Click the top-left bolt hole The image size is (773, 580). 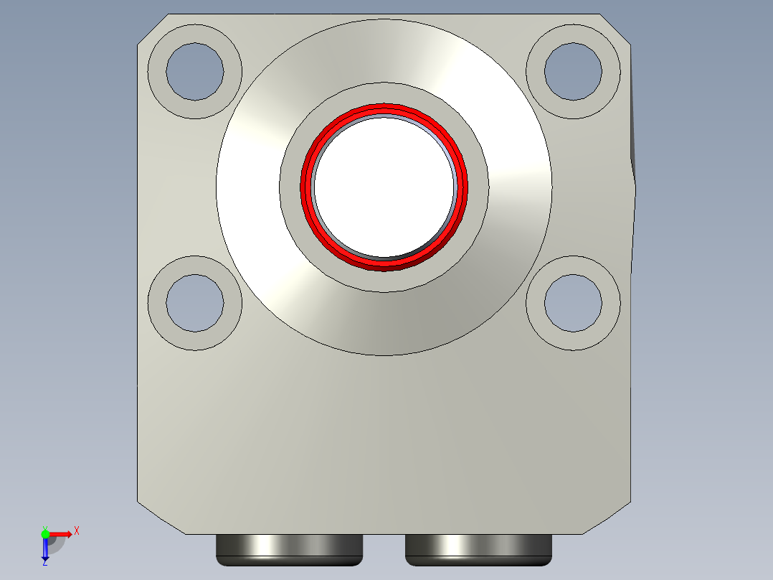[x=194, y=71]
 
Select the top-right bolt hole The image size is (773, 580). [x=573, y=71]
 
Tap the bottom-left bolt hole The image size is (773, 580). [x=194, y=303]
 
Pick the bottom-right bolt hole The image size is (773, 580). [x=573, y=303]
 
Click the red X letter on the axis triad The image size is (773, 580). [x=77, y=531]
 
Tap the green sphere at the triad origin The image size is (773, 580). [x=45, y=534]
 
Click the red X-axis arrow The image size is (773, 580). [x=63, y=534]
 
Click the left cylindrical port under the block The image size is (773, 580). [x=289, y=548]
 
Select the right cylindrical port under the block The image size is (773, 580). [x=478, y=548]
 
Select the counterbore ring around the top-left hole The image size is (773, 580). [x=157, y=71]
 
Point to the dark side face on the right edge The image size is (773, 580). [x=633, y=129]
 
